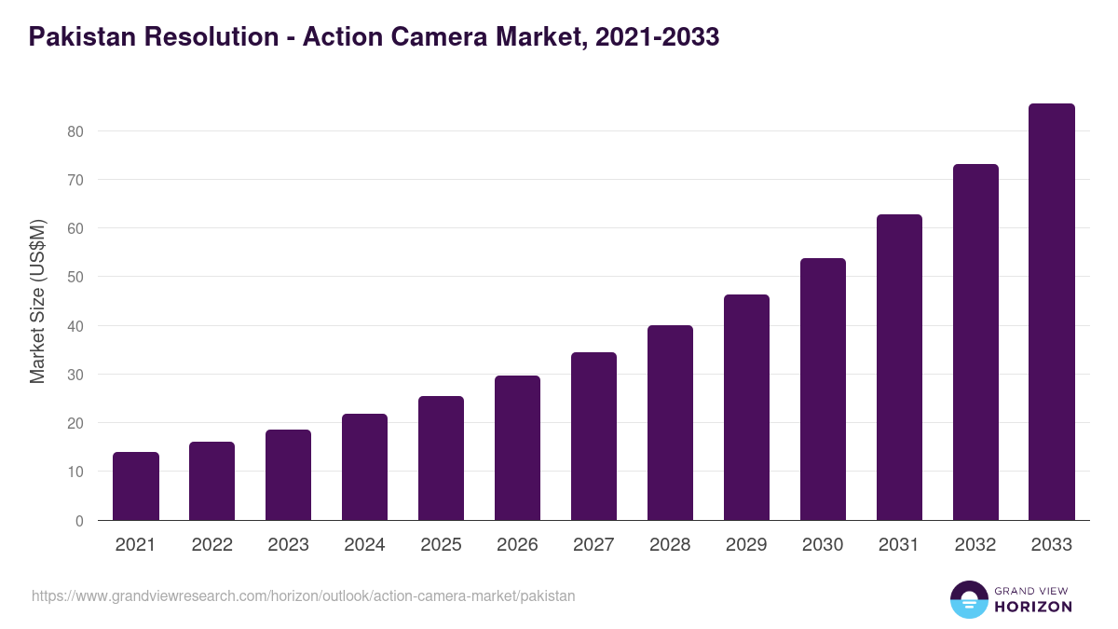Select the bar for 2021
point(136,486)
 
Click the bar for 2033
point(1052,312)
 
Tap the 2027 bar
point(593,436)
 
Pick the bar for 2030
point(823,390)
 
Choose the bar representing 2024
point(364,467)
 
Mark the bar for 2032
point(975,342)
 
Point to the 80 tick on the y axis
point(75,131)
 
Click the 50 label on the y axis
point(75,278)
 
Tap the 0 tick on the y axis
point(79,521)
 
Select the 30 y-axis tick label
point(75,375)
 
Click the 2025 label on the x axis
point(441,545)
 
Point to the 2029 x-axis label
point(746,545)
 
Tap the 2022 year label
point(211,545)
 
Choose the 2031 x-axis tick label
point(899,545)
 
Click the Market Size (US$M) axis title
point(37,301)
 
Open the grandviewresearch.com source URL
point(304,595)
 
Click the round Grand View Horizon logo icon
point(968,599)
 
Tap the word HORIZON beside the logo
point(1033,607)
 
